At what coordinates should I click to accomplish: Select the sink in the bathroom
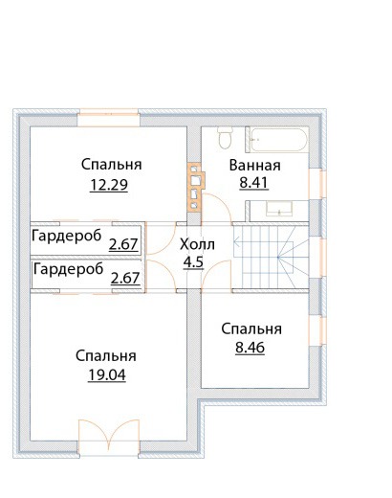279,209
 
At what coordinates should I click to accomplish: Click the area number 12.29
109,185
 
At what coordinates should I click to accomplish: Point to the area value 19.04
107,375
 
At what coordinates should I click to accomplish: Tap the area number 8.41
253,183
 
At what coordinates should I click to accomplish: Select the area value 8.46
250,348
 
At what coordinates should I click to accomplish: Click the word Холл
197,244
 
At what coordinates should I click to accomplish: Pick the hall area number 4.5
193,262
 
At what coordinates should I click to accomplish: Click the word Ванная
255,166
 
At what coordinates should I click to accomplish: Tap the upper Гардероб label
67,237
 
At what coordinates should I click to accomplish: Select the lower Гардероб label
68,269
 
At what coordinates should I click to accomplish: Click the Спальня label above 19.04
106,355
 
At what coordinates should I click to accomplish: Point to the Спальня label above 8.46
251,329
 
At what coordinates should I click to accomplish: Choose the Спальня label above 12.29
112,165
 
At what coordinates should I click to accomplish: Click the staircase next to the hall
271,257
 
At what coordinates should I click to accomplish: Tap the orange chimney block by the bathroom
195,187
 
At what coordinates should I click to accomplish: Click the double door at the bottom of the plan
109,435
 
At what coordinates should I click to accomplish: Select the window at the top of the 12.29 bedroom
109,118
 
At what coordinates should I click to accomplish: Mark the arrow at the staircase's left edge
238,242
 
